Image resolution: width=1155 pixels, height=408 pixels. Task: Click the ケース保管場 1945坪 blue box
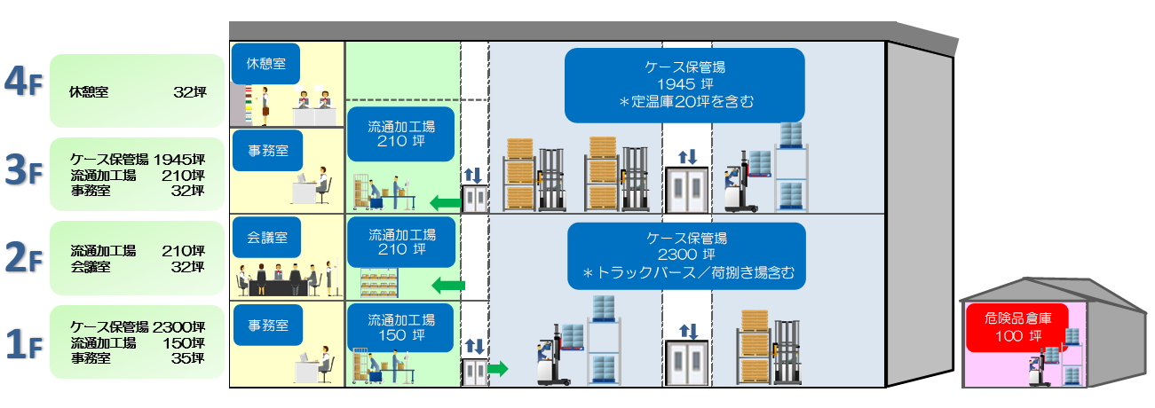684,84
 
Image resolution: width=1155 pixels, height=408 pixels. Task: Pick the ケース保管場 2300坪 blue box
686,255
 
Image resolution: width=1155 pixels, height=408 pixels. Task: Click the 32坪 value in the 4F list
189,91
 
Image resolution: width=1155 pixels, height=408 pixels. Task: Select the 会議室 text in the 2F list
91,266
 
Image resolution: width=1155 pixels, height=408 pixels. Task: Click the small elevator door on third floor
475,198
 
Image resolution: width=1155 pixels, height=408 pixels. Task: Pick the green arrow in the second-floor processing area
448,286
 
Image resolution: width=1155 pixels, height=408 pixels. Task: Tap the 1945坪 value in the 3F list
178,160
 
